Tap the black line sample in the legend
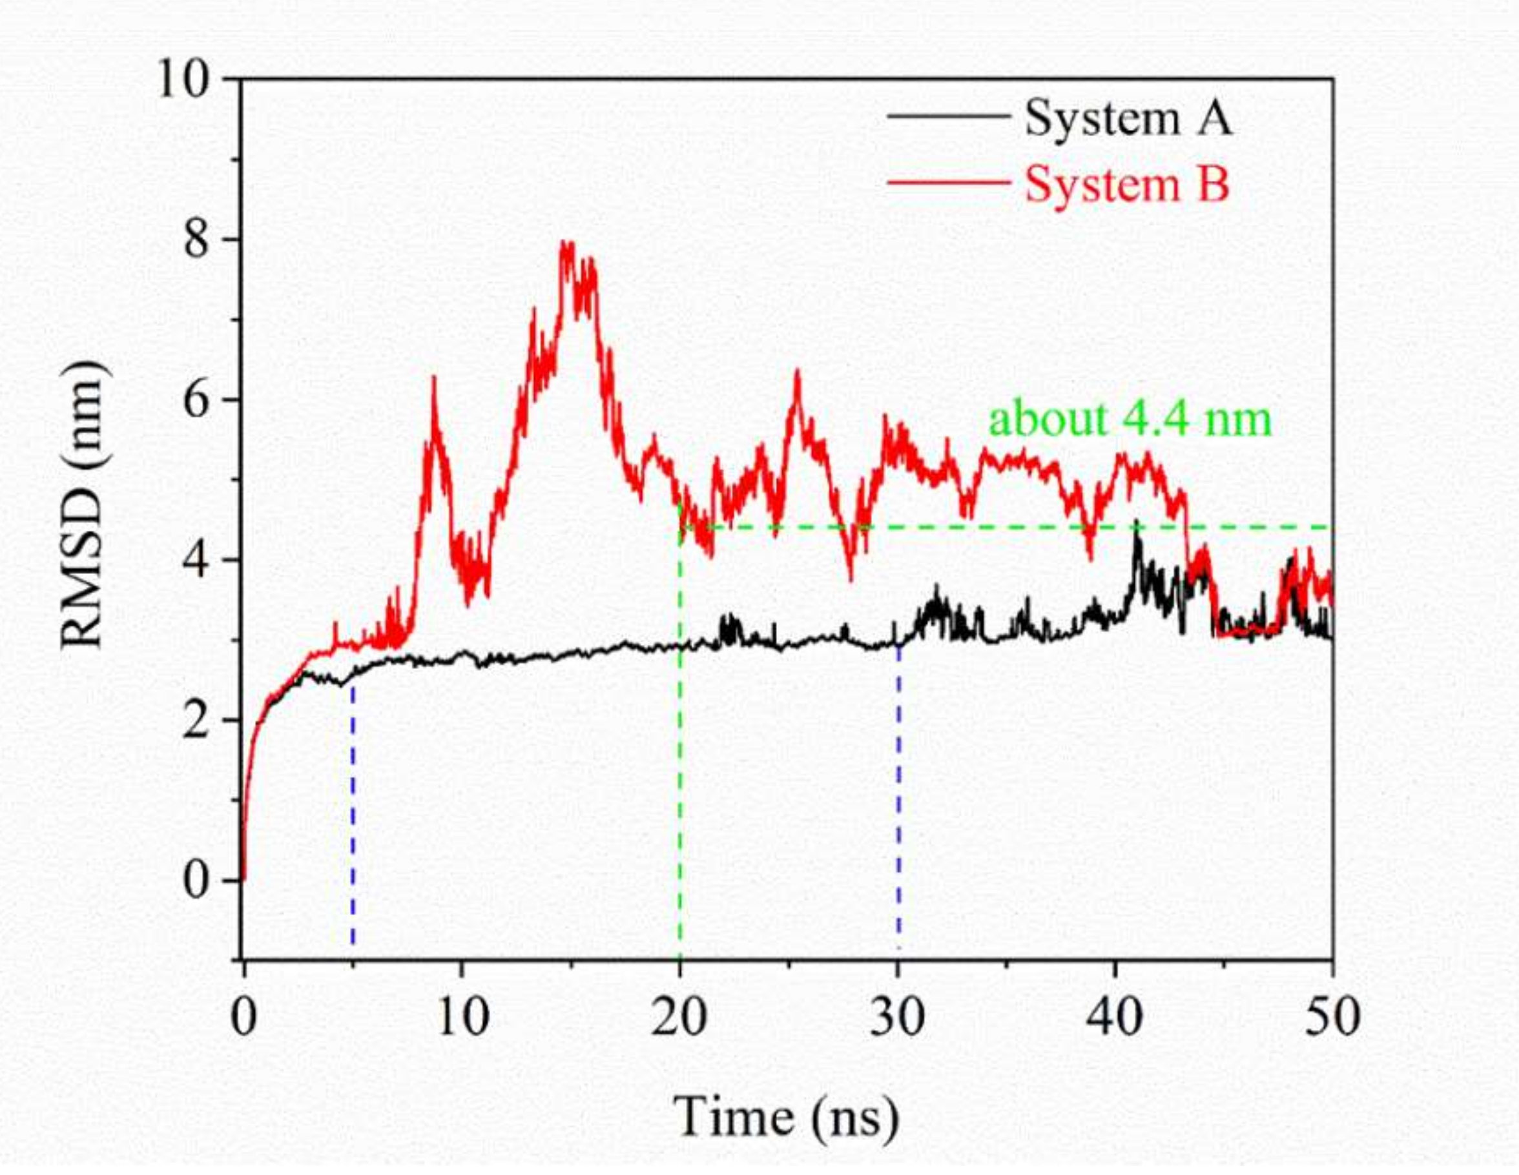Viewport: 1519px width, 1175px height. click(947, 116)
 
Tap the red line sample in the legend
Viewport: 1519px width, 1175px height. click(947, 183)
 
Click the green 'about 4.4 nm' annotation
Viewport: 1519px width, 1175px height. click(1130, 419)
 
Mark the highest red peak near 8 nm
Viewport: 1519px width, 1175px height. click(568, 245)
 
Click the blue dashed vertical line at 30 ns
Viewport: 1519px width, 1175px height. click(898, 799)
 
